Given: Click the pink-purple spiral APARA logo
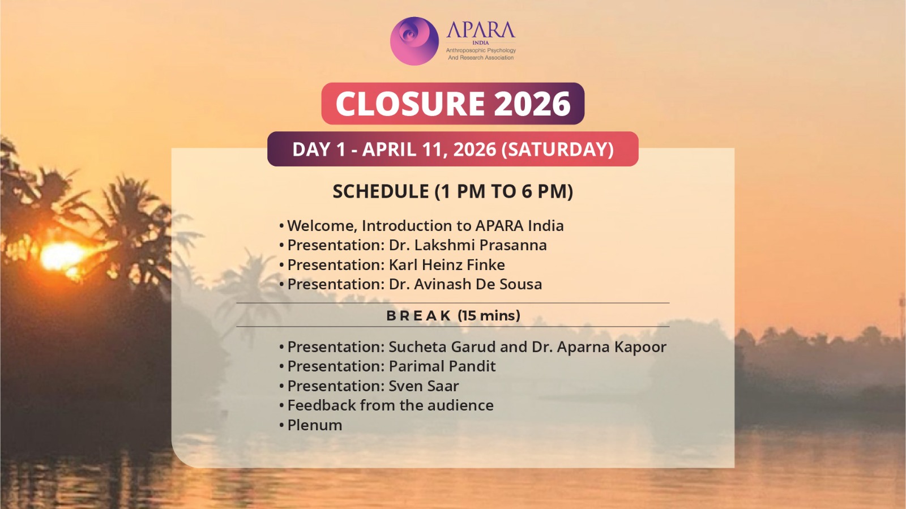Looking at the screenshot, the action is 414,41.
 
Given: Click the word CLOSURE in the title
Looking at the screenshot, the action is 410,104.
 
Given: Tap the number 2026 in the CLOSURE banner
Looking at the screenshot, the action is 532,104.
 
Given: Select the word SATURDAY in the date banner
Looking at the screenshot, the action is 557,149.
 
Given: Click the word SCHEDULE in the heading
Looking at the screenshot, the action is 381,191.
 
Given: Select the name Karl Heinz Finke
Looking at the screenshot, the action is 447,265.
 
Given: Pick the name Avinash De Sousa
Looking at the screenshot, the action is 478,284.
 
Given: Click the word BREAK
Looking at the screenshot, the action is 418,316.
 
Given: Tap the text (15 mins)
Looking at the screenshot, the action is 489,316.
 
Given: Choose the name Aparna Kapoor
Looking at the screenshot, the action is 612,347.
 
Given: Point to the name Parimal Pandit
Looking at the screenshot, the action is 442,366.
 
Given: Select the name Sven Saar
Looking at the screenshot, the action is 424,386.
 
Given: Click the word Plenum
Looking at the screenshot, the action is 315,425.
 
